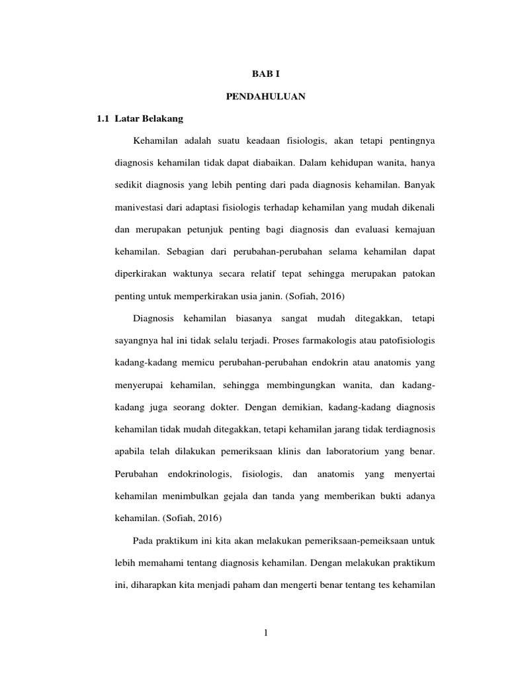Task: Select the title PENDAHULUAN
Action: tap(265, 97)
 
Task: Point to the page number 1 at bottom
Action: tap(265, 634)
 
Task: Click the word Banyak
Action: tap(420, 183)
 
